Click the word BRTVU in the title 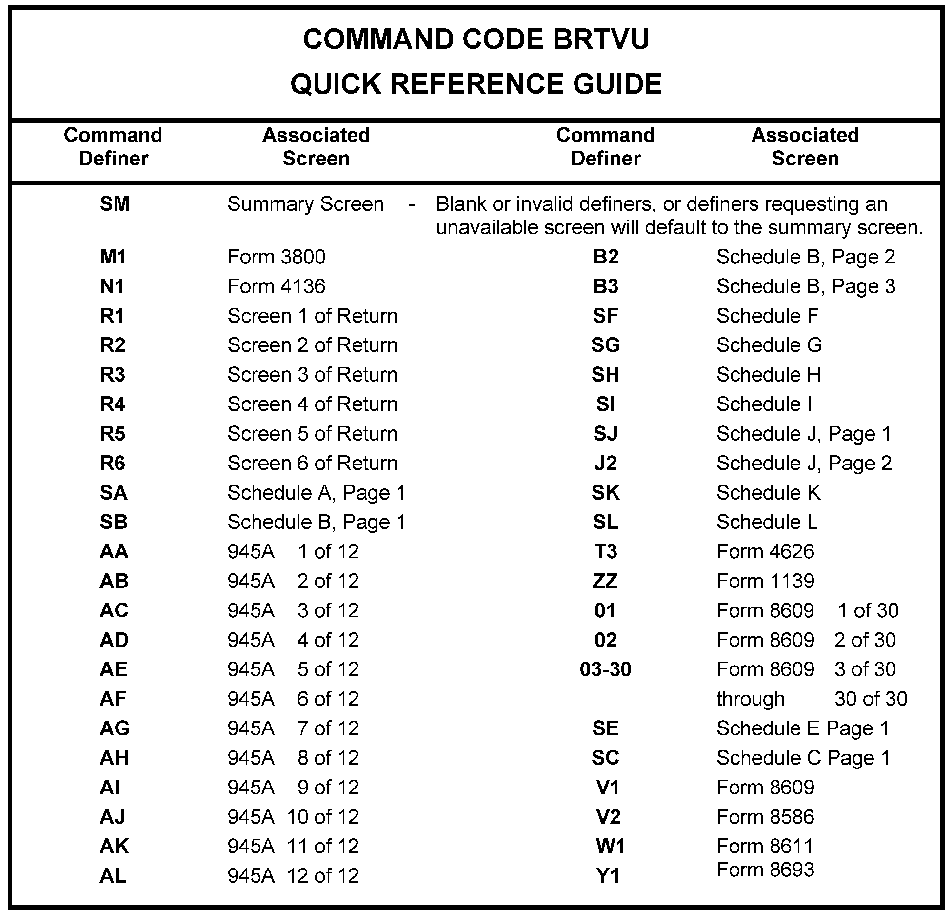point(601,40)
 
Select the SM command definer point(115,204)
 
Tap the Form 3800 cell point(276,257)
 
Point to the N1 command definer point(112,286)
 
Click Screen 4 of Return point(312,404)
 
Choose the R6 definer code point(112,464)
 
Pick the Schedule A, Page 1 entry point(317,493)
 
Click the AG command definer point(114,728)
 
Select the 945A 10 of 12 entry point(293,817)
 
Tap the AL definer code point(113,876)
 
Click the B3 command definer point(605,286)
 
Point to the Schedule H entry point(769,375)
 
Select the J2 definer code point(605,464)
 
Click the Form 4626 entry point(765,552)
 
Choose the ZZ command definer point(605,581)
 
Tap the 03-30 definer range point(605,669)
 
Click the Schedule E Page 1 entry point(803,728)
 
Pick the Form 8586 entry point(765,817)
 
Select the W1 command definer point(610,847)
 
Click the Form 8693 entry point(765,870)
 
